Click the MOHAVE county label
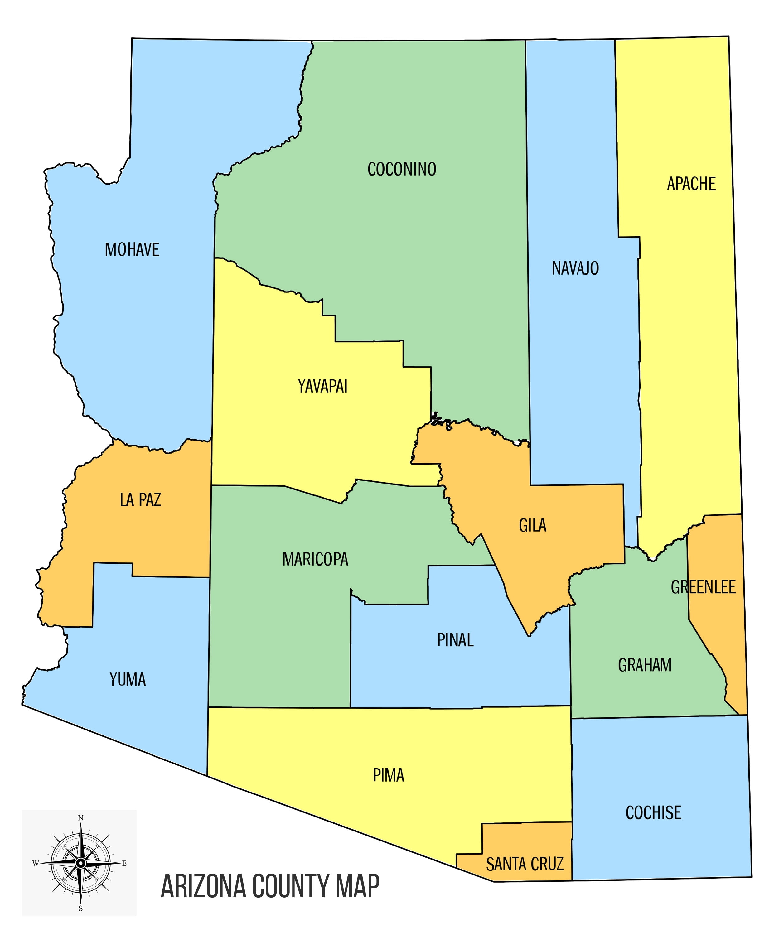pos(132,250)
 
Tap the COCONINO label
pos(402,169)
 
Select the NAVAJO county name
pos(575,268)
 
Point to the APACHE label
pos(691,184)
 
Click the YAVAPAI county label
pos(322,386)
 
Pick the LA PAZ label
pos(140,500)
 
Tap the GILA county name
pos(532,525)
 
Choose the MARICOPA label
pos(315,559)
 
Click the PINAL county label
pos(455,640)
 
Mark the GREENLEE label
pos(703,587)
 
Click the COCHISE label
pos(653,813)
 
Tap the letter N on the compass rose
pos(80,818)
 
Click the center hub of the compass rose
pos(80,863)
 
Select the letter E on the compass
pos(124,863)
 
